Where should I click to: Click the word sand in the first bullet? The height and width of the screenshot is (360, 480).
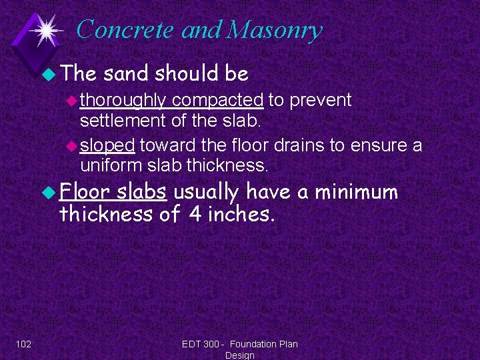tap(127, 73)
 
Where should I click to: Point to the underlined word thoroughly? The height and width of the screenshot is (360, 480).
tap(123, 101)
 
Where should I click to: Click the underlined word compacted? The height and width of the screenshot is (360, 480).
tap(217, 101)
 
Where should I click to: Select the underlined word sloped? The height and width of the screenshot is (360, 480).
tap(108, 145)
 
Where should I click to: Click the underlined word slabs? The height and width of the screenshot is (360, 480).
tap(142, 192)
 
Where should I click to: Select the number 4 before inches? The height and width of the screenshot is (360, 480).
tap(194, 214)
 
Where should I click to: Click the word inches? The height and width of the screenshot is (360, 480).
tap(240, 214)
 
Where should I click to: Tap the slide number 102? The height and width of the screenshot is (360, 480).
tap(23, 344)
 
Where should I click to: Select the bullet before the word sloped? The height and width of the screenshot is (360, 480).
tap(73, 146)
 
